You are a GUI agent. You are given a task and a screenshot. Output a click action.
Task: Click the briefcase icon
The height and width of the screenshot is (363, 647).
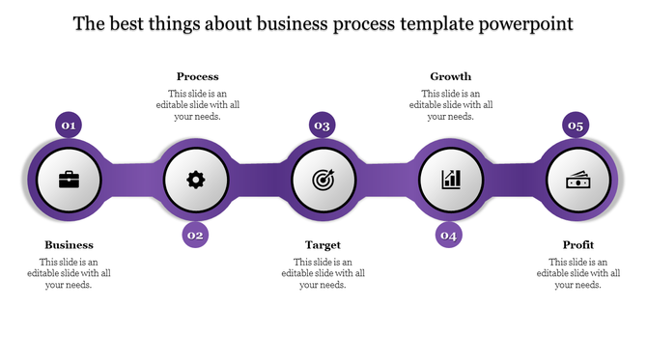coord(70,180)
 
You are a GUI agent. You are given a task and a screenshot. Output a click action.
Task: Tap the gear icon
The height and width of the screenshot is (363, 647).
coord(196,180)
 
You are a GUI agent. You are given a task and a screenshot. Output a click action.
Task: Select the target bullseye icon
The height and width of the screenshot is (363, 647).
coord(323,180)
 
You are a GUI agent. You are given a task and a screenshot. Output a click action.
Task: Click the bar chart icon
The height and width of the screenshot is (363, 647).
coord(451,180)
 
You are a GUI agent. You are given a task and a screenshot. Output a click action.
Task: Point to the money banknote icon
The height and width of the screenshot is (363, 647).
coord(577,180)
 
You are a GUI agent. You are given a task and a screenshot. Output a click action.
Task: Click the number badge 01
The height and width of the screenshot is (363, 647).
coord(70,126)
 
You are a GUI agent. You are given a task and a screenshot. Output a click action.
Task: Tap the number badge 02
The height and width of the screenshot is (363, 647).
coord(196,235)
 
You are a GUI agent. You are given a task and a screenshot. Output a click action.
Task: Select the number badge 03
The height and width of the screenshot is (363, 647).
coord(323,126)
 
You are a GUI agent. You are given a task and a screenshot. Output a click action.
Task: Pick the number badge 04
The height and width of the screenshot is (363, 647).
coord(449,235)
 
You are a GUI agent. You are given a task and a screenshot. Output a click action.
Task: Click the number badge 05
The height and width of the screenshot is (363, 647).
coord(577,126)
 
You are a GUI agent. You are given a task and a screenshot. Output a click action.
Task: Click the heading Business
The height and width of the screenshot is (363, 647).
coord(70,245)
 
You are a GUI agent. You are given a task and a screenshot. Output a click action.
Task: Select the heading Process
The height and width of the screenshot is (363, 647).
coord(197,76)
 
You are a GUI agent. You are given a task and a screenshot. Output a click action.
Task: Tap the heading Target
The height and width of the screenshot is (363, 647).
coord(323,245)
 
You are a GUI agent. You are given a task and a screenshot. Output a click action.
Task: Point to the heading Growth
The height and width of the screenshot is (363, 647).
coord(450,76)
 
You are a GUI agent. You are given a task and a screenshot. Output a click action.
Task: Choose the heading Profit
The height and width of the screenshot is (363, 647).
coord(577,245)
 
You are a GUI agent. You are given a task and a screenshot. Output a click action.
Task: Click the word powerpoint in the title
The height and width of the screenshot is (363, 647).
coord(527,22)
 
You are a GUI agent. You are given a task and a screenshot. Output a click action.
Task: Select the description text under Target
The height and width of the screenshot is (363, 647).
coord(323,273)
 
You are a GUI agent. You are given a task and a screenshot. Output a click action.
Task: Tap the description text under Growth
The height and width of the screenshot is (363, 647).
coord(450,104)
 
